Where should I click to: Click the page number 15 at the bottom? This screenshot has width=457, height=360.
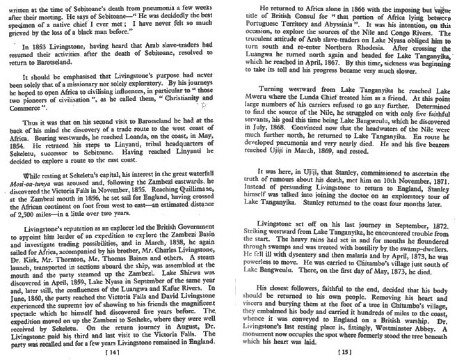click(x=345, y=352)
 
